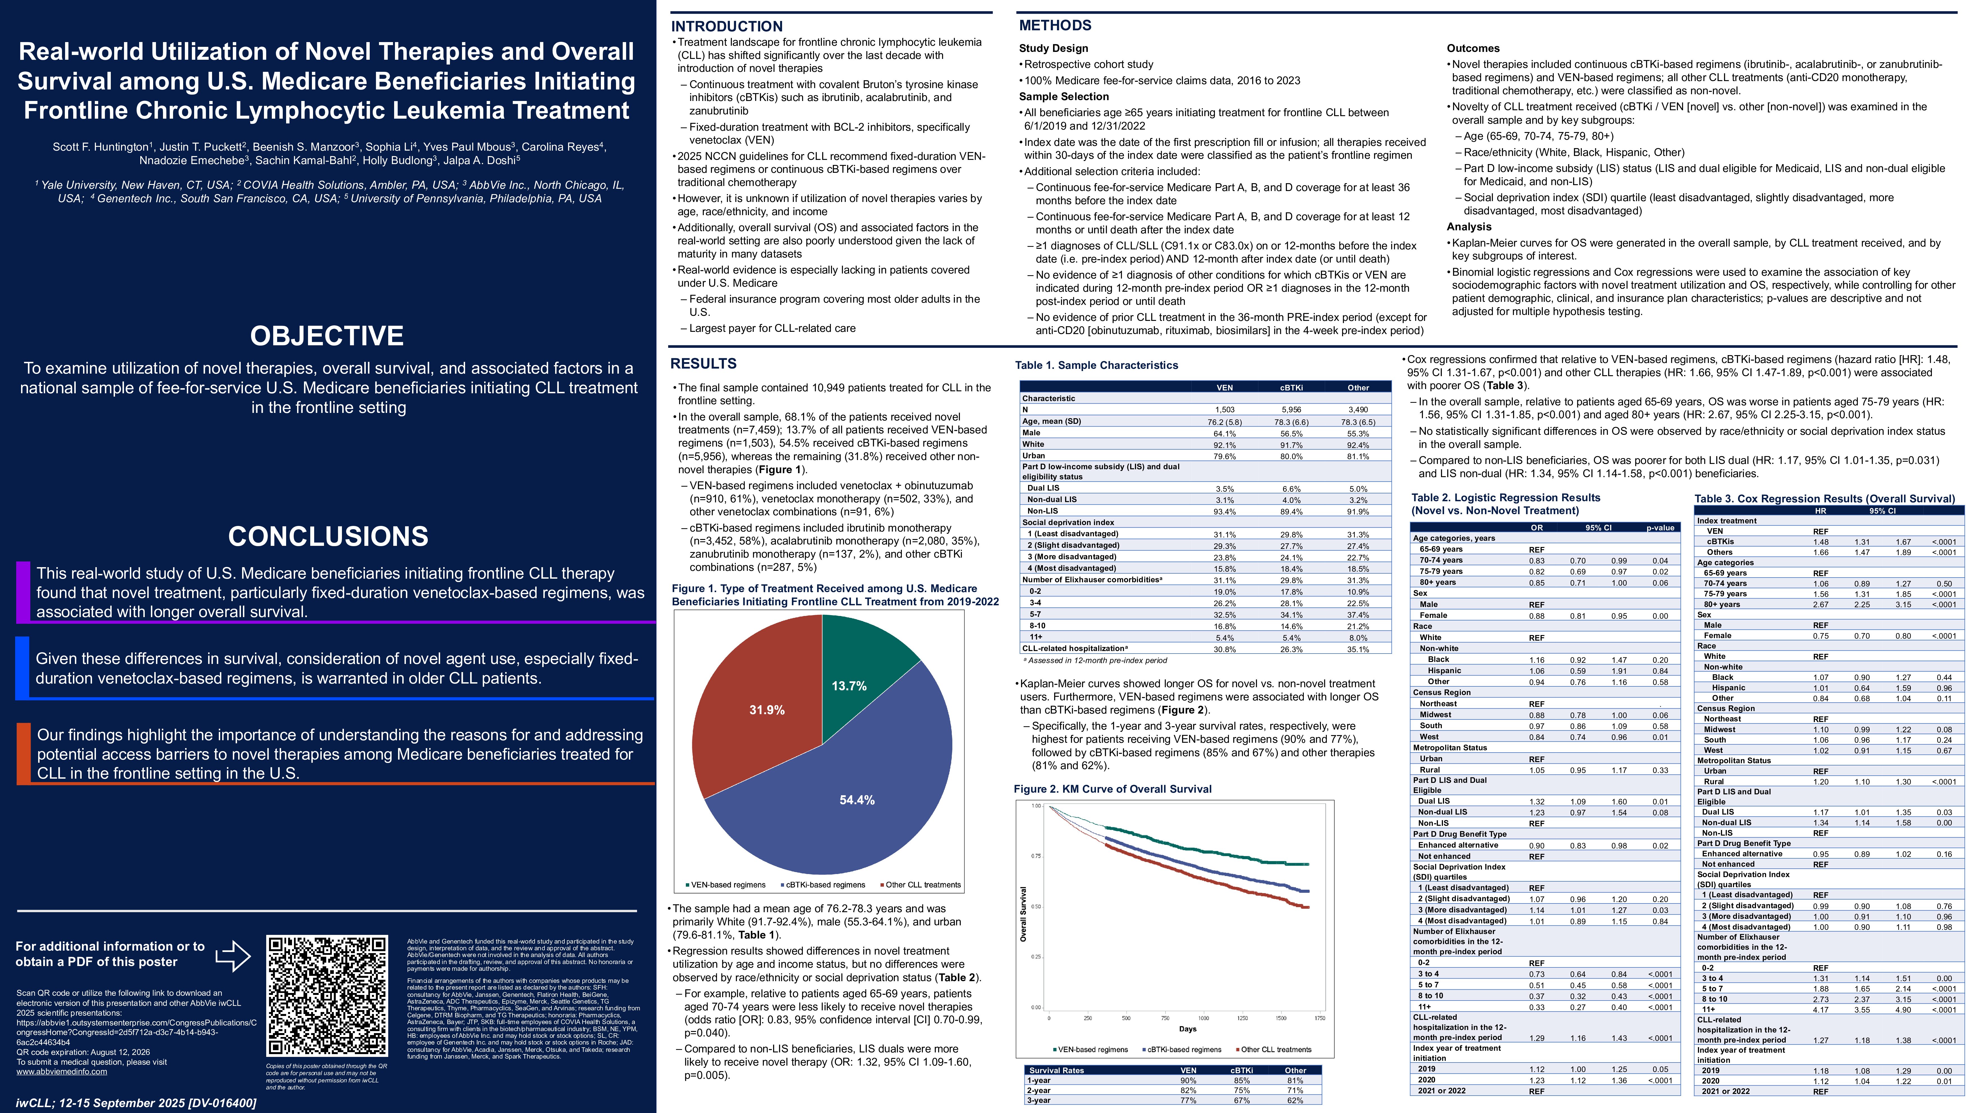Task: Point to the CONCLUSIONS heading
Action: pyautogui.click(x=328, y=536)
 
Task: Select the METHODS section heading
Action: pyautogui.click(x=1055, y=25)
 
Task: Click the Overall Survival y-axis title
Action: pyautogui.click(x=1022, y=914)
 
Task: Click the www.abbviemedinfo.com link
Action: pyautogui.click(x=61, y=1071)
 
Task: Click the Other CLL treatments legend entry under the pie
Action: pyautogui.click(x=922, y=885)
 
